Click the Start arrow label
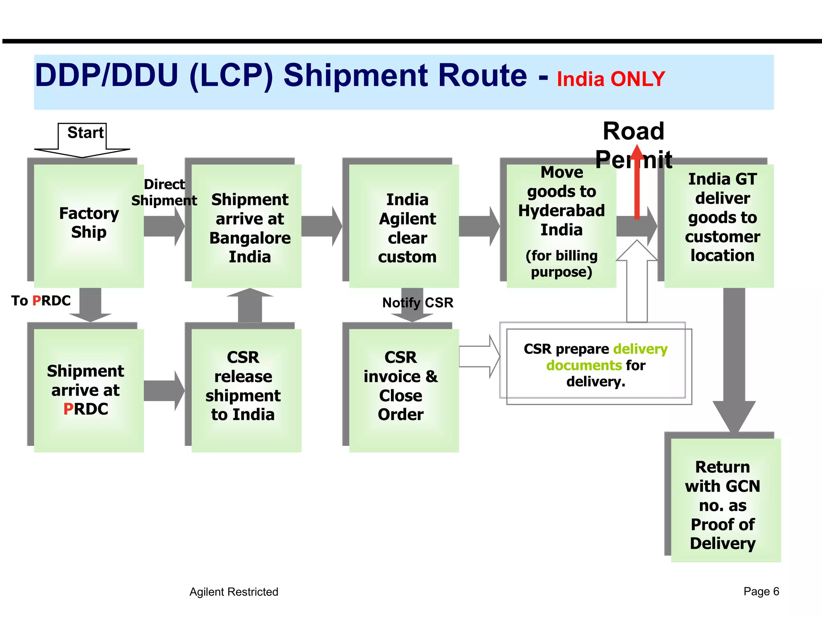coord(85,133)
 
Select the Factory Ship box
coord(89,225)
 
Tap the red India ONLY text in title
coord(610,79)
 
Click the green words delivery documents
coord(607,357)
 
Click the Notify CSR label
coord(417,302)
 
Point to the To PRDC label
coord(41,300)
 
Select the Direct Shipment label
coord(164,192)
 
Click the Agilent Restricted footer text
coord(234,592)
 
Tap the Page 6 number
coord(761,591)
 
